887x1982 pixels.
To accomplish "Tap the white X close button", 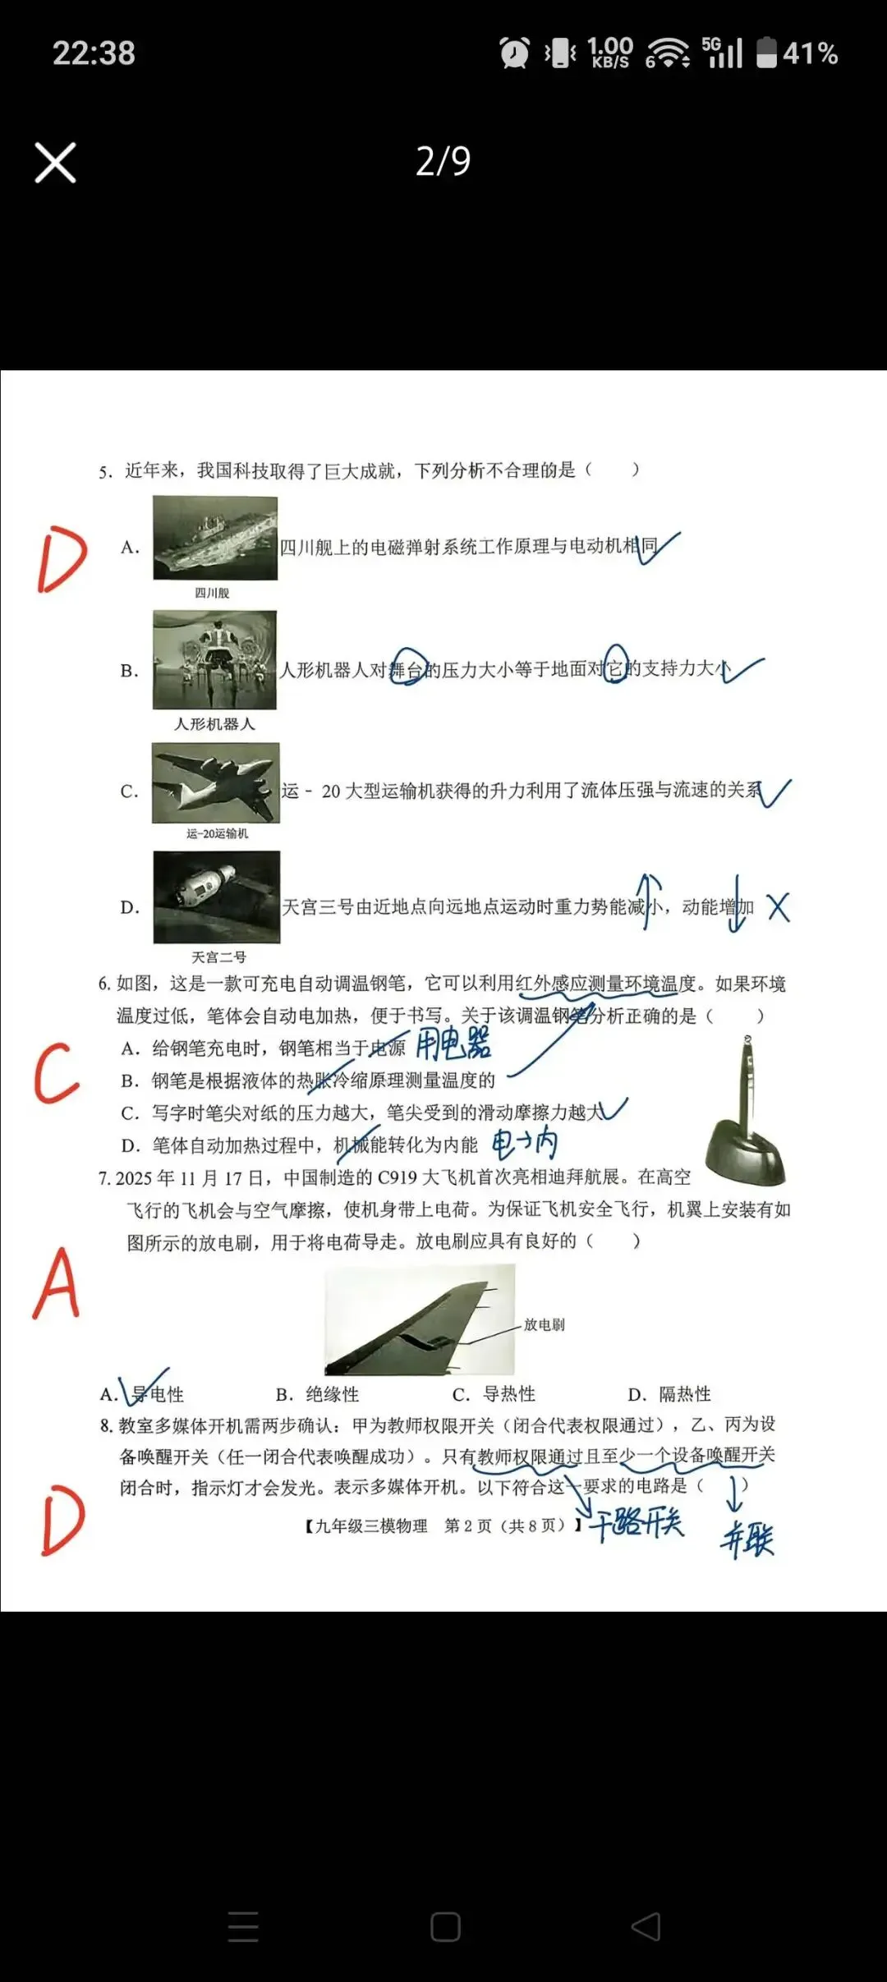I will [55, 162].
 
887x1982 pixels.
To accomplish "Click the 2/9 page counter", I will [443, 161].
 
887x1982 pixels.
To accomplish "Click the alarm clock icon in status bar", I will [515, 53].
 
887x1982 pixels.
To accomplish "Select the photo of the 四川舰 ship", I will [215, 538].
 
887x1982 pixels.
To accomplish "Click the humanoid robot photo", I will [214, 659].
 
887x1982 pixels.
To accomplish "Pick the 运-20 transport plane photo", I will [215, 782].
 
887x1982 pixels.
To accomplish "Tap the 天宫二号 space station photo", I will [217, 897].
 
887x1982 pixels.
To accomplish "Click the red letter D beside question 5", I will [62, 559].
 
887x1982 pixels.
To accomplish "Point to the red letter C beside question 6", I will [56, 1072].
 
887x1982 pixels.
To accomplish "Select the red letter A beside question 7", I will [56, 1283].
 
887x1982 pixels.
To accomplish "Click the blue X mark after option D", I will [778, 907].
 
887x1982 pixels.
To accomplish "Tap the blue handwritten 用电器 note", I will [453, 1044].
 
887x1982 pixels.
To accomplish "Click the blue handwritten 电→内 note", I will [525, 1143].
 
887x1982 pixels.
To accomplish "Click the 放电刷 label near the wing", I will [544, 1324].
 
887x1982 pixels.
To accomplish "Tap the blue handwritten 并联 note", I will [747, 1539].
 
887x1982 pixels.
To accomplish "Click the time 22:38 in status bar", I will [94, 53].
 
